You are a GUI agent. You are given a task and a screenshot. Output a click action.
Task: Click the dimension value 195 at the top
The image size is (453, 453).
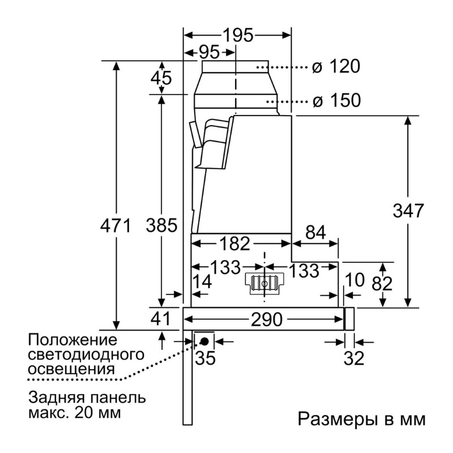(x=238, y=36)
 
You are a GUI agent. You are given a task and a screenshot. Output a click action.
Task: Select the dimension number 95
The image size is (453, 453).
(x=210, y=53)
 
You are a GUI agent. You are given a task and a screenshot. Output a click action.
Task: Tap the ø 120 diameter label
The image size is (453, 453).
(x=336, y=66)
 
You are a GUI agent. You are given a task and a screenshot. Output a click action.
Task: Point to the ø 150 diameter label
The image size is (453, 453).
(x=337, y=100)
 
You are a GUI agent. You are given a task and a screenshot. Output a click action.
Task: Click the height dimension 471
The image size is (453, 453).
(x=116, y=225)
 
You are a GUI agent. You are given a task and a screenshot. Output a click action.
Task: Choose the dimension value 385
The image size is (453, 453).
(x=161, y=225)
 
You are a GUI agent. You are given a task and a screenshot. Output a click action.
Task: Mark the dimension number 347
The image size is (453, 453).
(x=408, y=210)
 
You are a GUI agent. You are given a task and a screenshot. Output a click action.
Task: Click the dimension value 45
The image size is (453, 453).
(x=161, y=78)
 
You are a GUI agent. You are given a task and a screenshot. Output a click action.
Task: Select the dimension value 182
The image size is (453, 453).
(x=234, y=243)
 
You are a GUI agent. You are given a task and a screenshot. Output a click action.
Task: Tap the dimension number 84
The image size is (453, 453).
(x=315, y=232)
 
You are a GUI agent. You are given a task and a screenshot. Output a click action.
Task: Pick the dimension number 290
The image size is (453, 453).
(x=266, y=319)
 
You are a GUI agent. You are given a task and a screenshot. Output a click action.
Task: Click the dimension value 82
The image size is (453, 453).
(x=382, y=284)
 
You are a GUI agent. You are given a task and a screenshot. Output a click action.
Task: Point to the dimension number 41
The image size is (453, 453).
(x=161, y=319)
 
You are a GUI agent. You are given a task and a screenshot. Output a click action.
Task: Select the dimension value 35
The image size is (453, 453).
(x=206, y=358)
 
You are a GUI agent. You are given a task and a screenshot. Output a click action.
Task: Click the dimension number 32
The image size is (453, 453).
(x=354, y=358)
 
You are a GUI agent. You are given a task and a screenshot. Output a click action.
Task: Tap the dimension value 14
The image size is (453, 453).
(x=202, y=281)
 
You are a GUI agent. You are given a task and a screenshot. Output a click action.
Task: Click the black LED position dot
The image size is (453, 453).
(x=204, y=341)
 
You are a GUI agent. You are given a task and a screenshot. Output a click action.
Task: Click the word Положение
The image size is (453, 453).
(x=72, y=340)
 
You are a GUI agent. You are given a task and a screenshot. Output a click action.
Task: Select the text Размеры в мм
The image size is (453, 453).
(x=362, y=419)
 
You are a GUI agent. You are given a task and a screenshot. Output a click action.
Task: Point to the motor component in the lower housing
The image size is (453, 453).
(x=264, y=284)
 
